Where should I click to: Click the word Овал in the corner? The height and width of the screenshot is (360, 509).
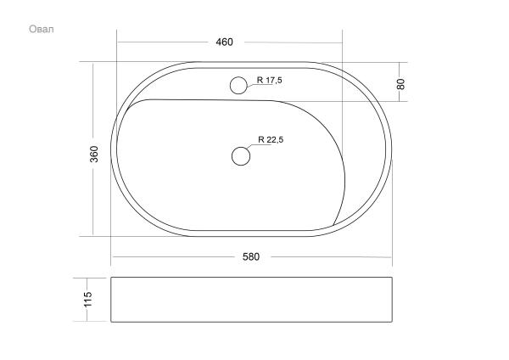tap(42, 29)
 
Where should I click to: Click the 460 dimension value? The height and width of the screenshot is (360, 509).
tap(224, 42)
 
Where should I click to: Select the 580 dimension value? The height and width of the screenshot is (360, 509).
tap(251, 256)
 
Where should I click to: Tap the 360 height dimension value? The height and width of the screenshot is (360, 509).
tap(93, 154)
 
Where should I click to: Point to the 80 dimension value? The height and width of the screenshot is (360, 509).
tap(401, 84)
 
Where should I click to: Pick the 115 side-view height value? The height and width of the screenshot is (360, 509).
tap(88, 299)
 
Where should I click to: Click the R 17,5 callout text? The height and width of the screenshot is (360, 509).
tap(270, 80)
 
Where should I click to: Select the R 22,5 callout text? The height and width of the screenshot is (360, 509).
tap(271, 139)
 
